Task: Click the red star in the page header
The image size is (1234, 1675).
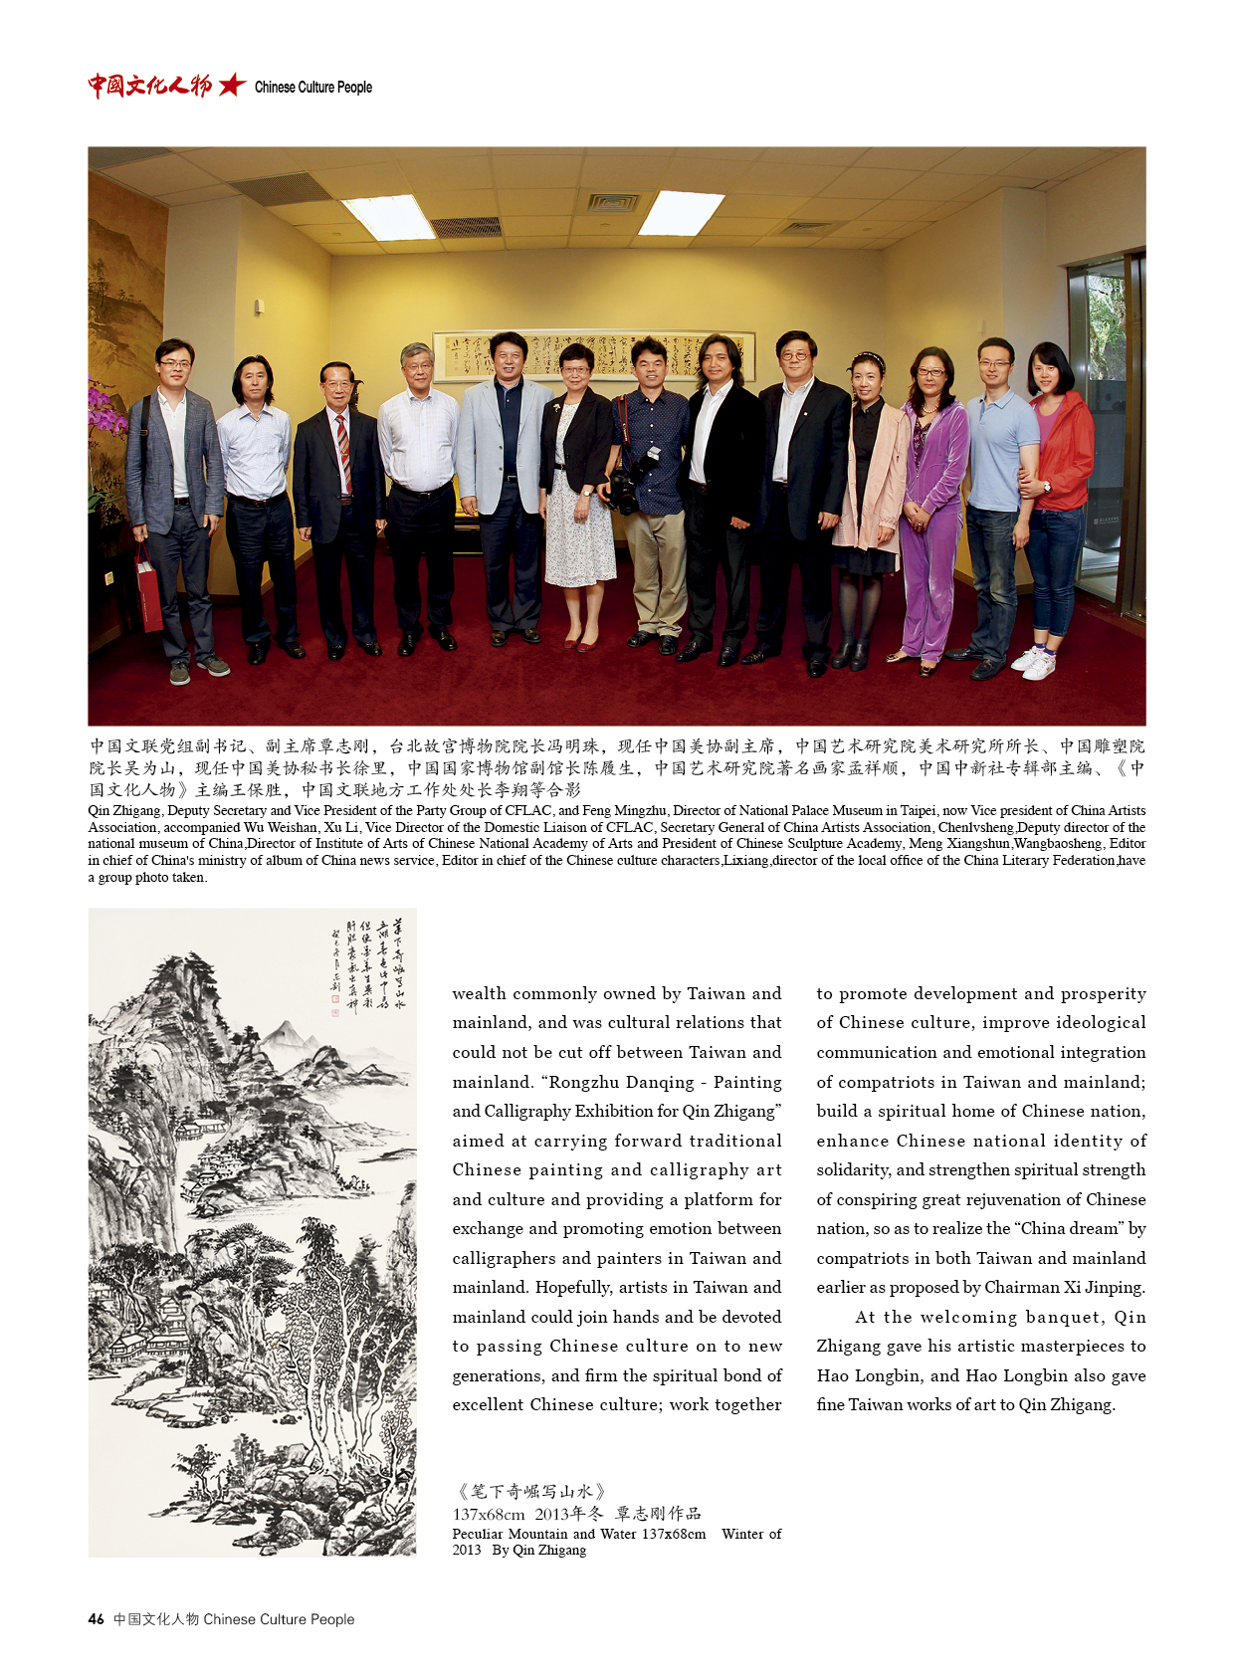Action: [232, 86]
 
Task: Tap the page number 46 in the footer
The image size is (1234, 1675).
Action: [96, 1619]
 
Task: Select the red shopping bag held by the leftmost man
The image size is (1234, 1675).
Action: [148, 593]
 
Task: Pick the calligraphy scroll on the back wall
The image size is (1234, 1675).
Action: [593, 355]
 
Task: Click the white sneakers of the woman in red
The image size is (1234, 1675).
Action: [1033, 663]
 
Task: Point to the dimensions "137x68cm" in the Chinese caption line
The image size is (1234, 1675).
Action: [488, 1514]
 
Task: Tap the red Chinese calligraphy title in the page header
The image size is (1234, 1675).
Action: [149, 86]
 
